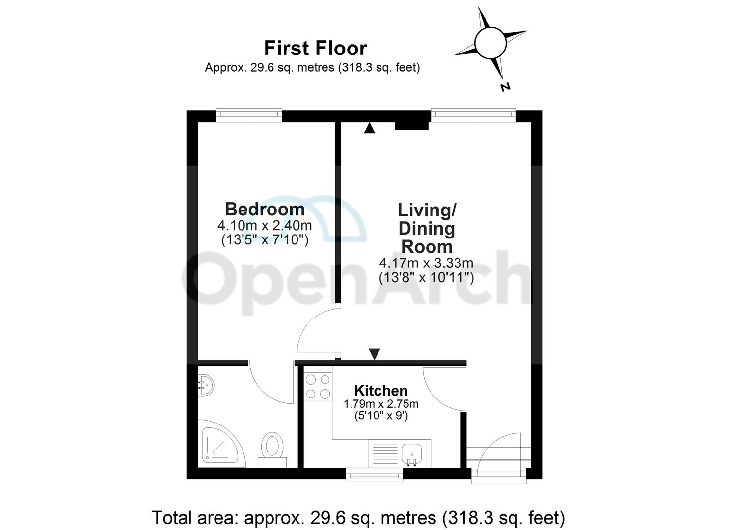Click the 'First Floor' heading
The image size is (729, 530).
coord(315,48)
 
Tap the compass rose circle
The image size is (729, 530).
coord(490,43)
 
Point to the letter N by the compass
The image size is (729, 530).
coord(505,87)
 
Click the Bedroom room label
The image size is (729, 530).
coord(265,209)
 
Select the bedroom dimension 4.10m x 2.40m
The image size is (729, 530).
coord(265,226)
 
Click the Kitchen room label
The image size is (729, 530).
coord(381,391)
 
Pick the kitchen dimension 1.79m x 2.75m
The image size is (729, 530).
coord(381,404)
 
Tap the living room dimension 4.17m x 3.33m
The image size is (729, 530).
coord(426,264)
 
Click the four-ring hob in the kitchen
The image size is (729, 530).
coord(318,387)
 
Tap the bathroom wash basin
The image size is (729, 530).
coord(206,384)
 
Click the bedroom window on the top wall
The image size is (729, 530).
coord(249,114)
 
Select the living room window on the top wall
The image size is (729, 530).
coord(474,114)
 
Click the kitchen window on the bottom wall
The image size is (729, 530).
coord(374,474)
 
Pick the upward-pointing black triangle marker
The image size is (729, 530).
coord(370,129)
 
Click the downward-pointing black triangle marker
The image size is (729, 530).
coord(375,354)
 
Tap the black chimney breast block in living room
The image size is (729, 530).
coord(412,126)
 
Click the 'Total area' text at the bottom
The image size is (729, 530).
coord(358,517)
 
